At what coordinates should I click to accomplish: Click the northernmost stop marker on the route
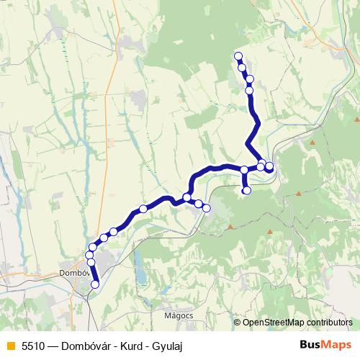point(238,56)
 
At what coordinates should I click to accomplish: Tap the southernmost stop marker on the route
point(94,284)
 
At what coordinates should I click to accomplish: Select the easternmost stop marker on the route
point(269,166)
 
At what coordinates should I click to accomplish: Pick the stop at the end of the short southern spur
point(246,191)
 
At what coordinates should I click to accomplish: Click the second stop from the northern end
point(242,68)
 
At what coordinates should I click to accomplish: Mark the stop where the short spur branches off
point(244,170)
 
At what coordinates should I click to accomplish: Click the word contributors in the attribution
point(328,323)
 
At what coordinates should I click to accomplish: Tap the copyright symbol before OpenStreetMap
point(237,323)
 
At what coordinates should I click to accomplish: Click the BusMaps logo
point(325,346)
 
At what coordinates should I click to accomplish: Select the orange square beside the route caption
point(10,346)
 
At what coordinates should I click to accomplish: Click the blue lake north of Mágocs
point(141,276)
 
